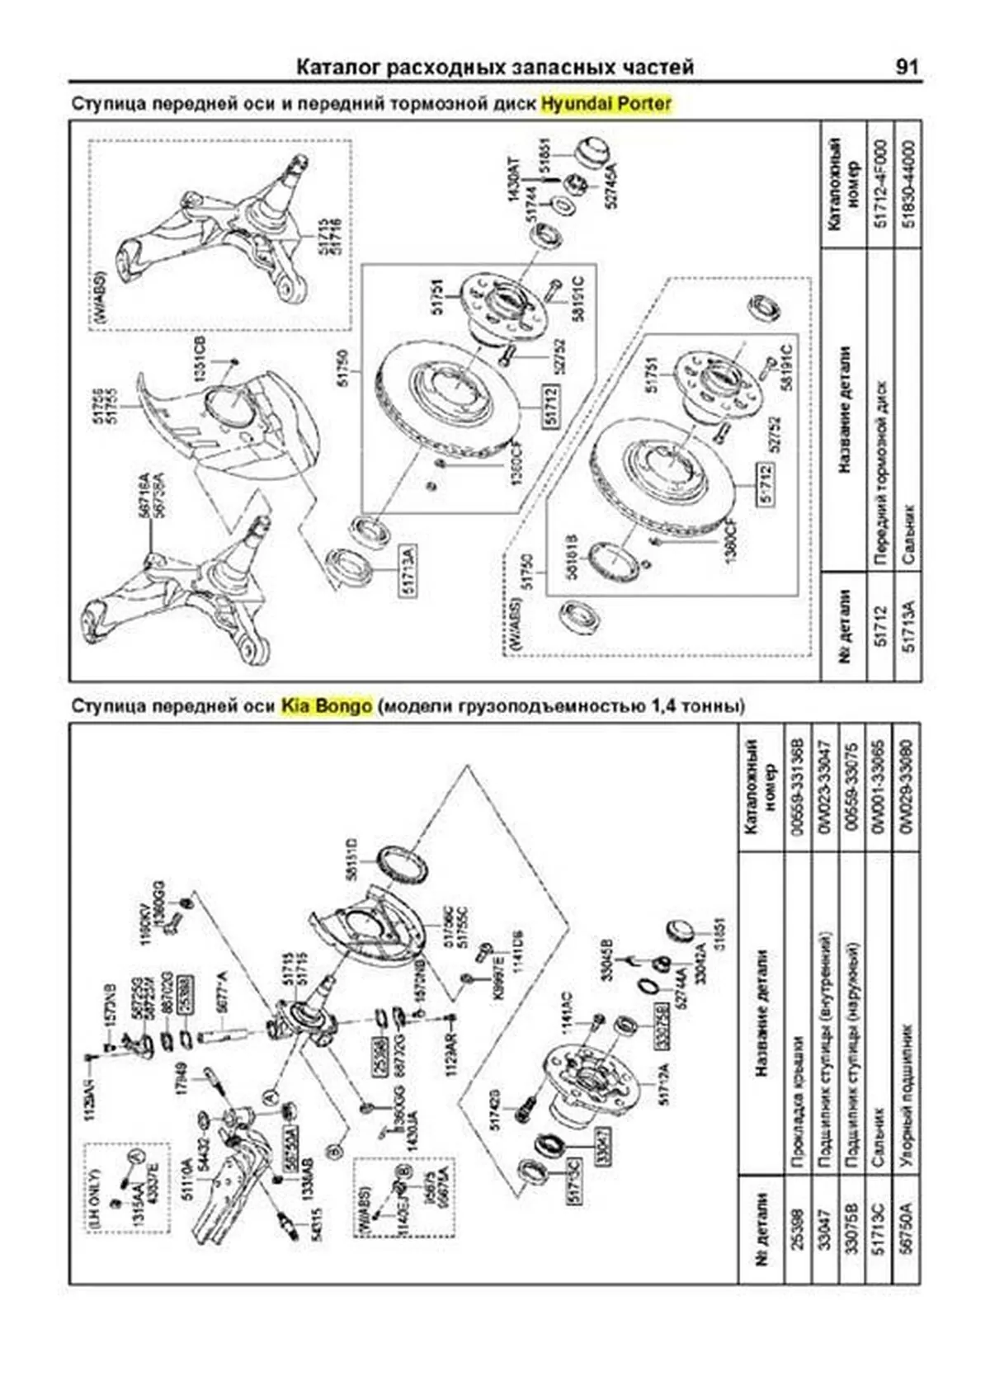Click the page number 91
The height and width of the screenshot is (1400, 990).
pyautogui.click(x=906, y=67)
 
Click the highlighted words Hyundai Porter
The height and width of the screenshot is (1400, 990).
pyautogui.click(x=606, y=105)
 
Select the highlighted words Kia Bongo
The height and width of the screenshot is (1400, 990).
pyautogui.click(x=326, y=706)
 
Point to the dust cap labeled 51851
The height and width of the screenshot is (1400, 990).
pyautogui.click(x=588, y=154)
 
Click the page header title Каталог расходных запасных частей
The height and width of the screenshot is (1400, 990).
pyautogui.click(x=495, y=67)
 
